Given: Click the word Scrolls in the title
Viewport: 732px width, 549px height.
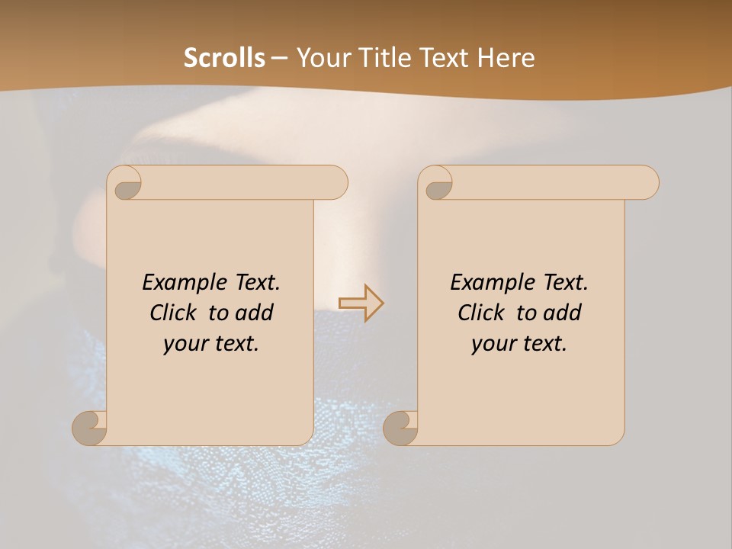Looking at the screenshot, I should (224, 58).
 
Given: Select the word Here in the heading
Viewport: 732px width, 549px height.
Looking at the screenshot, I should (506, 58).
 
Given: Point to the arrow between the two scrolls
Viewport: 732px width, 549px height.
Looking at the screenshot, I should (361, 303).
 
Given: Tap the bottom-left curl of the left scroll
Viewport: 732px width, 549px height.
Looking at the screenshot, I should (90, 429).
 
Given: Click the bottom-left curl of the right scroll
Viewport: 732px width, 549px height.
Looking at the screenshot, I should (400, 429).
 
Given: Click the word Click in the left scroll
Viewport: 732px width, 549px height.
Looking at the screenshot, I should (174, 313).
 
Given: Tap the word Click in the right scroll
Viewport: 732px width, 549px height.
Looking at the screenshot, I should (481, 313).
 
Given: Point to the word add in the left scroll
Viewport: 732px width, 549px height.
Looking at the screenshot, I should (255, 313).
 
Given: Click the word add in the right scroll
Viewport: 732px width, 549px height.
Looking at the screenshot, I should (563, 313).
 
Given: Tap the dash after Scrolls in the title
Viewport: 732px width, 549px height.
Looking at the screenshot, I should (279, 58).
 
